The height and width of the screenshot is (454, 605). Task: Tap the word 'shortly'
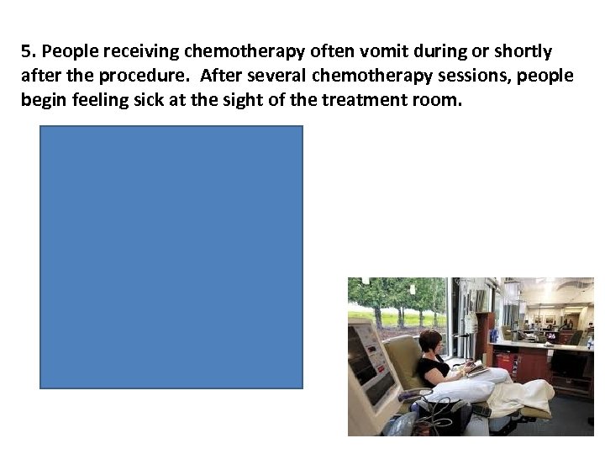click(x=522, y=51)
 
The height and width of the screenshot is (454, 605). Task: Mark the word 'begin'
click(x=42, y=100)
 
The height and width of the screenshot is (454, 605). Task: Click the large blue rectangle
click(x=171, y=256)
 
